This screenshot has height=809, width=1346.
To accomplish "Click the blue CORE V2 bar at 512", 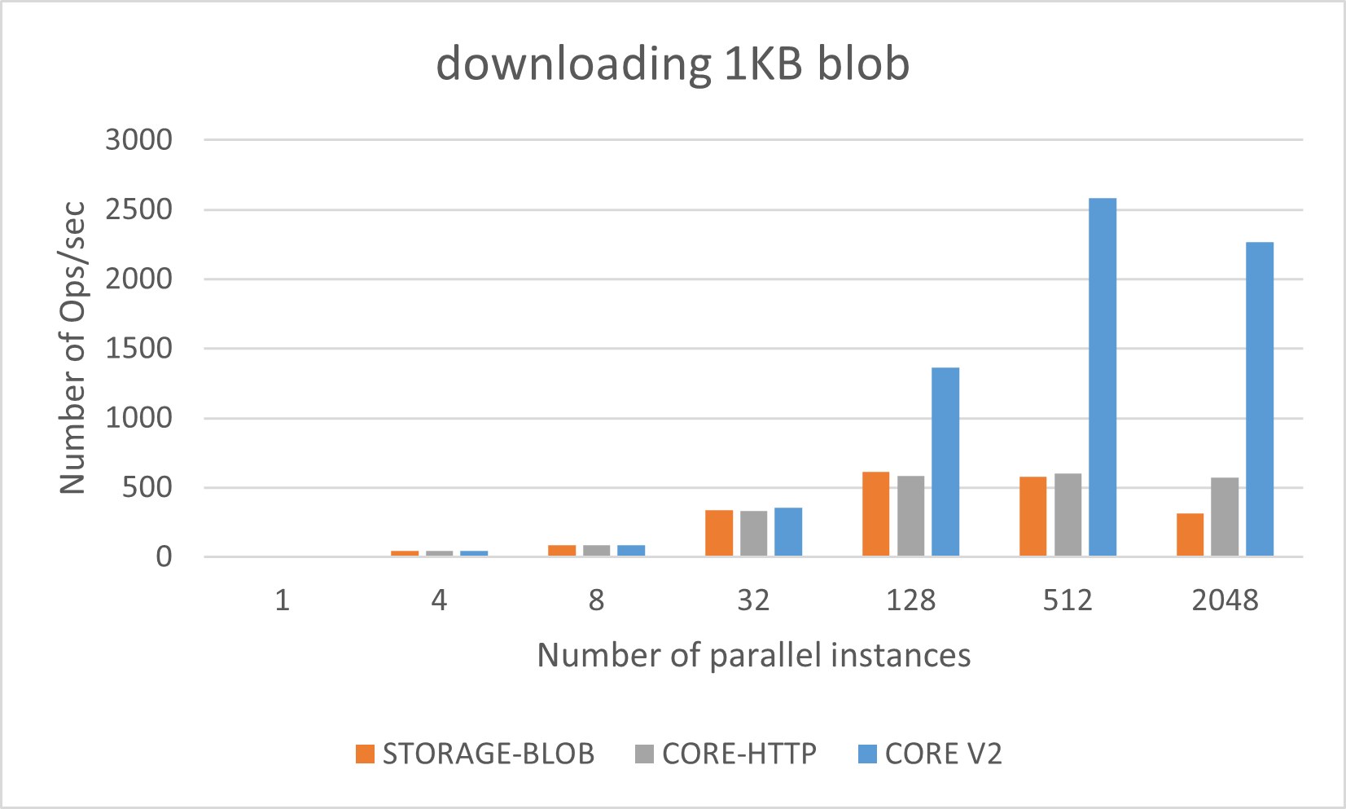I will pyautogui.click(x=1103, y=377).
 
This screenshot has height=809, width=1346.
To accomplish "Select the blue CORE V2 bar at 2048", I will pyautogui.click(x=1260, y=399).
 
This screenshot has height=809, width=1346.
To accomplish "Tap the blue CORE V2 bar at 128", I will pyautogui.click(x=945, y=462).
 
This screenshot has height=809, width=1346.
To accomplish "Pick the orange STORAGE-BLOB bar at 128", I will pyautogui.click(x=875, y=514).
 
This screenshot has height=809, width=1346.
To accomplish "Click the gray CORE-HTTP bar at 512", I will pyautogui.click(x=1068, y=515).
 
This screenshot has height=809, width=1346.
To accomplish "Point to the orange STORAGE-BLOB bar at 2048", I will pyautogui.click(x=1190, y=534).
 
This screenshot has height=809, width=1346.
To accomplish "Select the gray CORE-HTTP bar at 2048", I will pyautogui.click(x=1225, y=517).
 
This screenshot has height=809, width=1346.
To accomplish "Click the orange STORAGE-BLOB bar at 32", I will pyautogui.click(x=719, y=533).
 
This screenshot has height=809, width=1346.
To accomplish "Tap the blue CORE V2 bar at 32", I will pyautogui.click(x=788, y=532).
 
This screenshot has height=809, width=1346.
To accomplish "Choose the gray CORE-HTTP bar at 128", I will pyautogui.click(x=910, y=516).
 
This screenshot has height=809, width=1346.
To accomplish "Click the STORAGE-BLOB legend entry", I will pyautogui.click(x=476, y=754).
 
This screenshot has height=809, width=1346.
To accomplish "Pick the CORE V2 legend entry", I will pyautogui.click(x=931, y=754).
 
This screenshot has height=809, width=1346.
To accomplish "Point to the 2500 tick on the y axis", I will pyautogui.click(x=138, y=209).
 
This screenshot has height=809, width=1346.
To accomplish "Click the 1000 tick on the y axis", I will pyautogui.click(x=138, y=418).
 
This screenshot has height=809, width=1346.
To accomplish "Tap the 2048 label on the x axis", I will pyautogui.click(x=1225, y=601).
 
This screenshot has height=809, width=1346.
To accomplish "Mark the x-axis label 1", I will pyautogui.click(x=282, y=601).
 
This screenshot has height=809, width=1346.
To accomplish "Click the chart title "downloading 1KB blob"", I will pyautogui.click(x=673, y=64).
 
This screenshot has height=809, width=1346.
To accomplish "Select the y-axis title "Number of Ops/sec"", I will pyautogui.click(x=72, y=348).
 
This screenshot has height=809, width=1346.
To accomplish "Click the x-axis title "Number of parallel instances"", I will pyautogui.click(x=753, y=656).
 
